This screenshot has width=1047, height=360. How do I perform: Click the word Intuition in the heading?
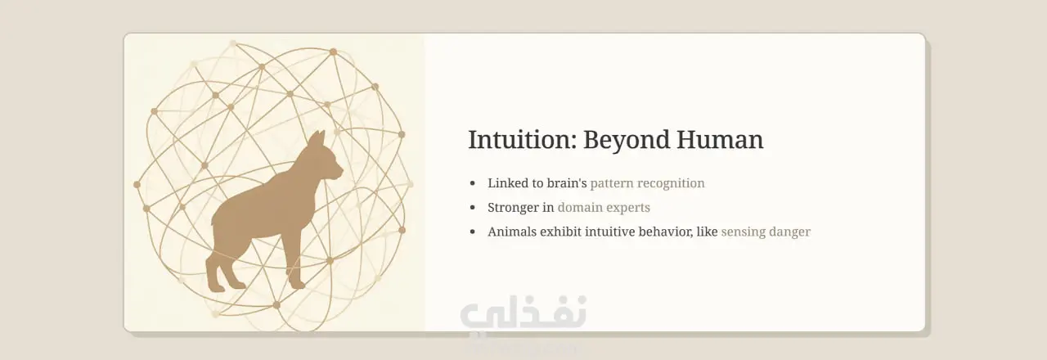pos(523,139)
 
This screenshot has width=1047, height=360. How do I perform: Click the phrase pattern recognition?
pos(647,183)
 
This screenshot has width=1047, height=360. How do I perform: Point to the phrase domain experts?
pos(604,208)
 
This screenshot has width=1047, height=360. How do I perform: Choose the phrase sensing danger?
pos(766,232)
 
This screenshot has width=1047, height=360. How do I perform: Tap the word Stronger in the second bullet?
pos(513,208)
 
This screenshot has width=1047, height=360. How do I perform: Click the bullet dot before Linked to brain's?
pos(473,183)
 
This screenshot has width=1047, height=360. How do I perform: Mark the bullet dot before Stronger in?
pos(473,208)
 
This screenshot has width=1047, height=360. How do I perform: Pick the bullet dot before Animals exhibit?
pos(473,232)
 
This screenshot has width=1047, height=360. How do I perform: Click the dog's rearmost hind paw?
pos(216,286)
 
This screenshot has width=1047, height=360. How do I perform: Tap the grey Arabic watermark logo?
pos(523,314)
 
